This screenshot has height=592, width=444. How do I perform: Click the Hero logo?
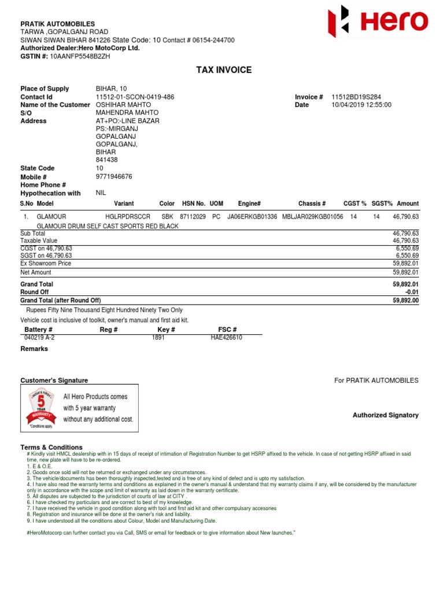pyautogui.click(x=378, y=22)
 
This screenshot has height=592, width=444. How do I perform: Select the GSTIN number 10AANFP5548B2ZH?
pyautogui.click(x=80, y=56)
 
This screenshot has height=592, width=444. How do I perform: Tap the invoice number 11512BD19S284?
pyautogui.click(x=356, y=97)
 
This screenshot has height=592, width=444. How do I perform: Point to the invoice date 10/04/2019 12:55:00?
pyautogui.click(x=361, y=105)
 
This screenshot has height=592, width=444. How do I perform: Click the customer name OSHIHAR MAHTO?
pyautogui.click(x=119, y=105)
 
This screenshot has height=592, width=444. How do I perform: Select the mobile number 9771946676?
pyautogui.click(x=114, y=176)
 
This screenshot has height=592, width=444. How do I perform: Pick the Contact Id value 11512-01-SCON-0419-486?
pyautogui.click(x=135, y=97)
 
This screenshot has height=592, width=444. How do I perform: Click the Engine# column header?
pyautogui.click(x=249, y=203)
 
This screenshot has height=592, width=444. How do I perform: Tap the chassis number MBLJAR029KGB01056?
pyautogui.click(x=312, y=217)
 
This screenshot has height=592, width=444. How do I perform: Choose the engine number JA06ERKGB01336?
pyautogui.click(x=253, y=217)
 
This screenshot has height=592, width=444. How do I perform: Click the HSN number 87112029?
pyautogui.click(x=193, y=217)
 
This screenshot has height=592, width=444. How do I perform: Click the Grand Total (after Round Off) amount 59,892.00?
pyautogui.click(x=405, y=301)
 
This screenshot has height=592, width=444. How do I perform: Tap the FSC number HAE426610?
pyautogui.click(x=227, y=338)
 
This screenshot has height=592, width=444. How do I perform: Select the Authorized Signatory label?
pyautogui.click(x=386, y=415)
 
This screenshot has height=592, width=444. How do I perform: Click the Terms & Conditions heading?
pyautogui.click(x=51, y=447)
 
